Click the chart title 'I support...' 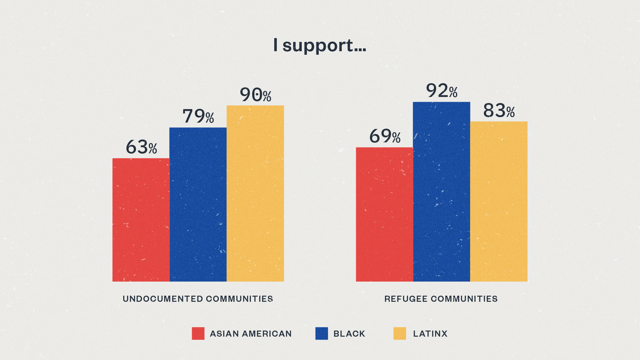click(x=320, y=45)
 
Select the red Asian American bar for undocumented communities click(x=141, y=220)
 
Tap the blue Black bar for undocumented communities click(x=198, y=204)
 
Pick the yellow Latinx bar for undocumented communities click(x=255, y=193)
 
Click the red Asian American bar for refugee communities click(x=384, y=214)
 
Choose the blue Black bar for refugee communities click(x=442, y=192)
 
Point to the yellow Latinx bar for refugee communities click(x=499, y=201)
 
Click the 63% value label click(x=141, y=147)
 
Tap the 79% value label click(x=198, y=116)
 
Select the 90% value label click(x=256, y=95)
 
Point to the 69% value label click(x=385, y=136)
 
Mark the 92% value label click(x=442, y=91)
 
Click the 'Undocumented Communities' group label click(x=198, y=299)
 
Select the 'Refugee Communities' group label click(x=441, y=299)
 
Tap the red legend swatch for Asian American click(x=198, y=333)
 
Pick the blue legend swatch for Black click(x=322, y=333)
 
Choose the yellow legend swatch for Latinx click(x=400, y=333)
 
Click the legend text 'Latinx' click(x=430, y=334)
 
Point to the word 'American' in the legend click(x=267, y=334)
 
